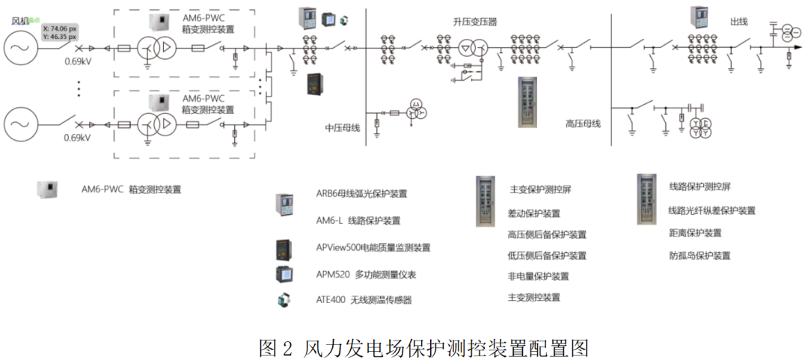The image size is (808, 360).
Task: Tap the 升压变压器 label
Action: click(474, 22)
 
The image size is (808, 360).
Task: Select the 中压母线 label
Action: click(343, 128)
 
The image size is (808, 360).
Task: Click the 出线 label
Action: click(738, 22)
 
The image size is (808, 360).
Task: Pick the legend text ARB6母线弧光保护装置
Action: click(361, 193)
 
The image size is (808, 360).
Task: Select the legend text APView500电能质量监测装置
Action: click(373, 247)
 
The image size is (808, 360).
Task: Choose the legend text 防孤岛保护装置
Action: click(700, 255)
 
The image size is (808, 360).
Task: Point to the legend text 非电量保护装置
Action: click(538, 276)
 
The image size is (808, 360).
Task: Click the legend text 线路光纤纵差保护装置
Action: click(711, 211)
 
